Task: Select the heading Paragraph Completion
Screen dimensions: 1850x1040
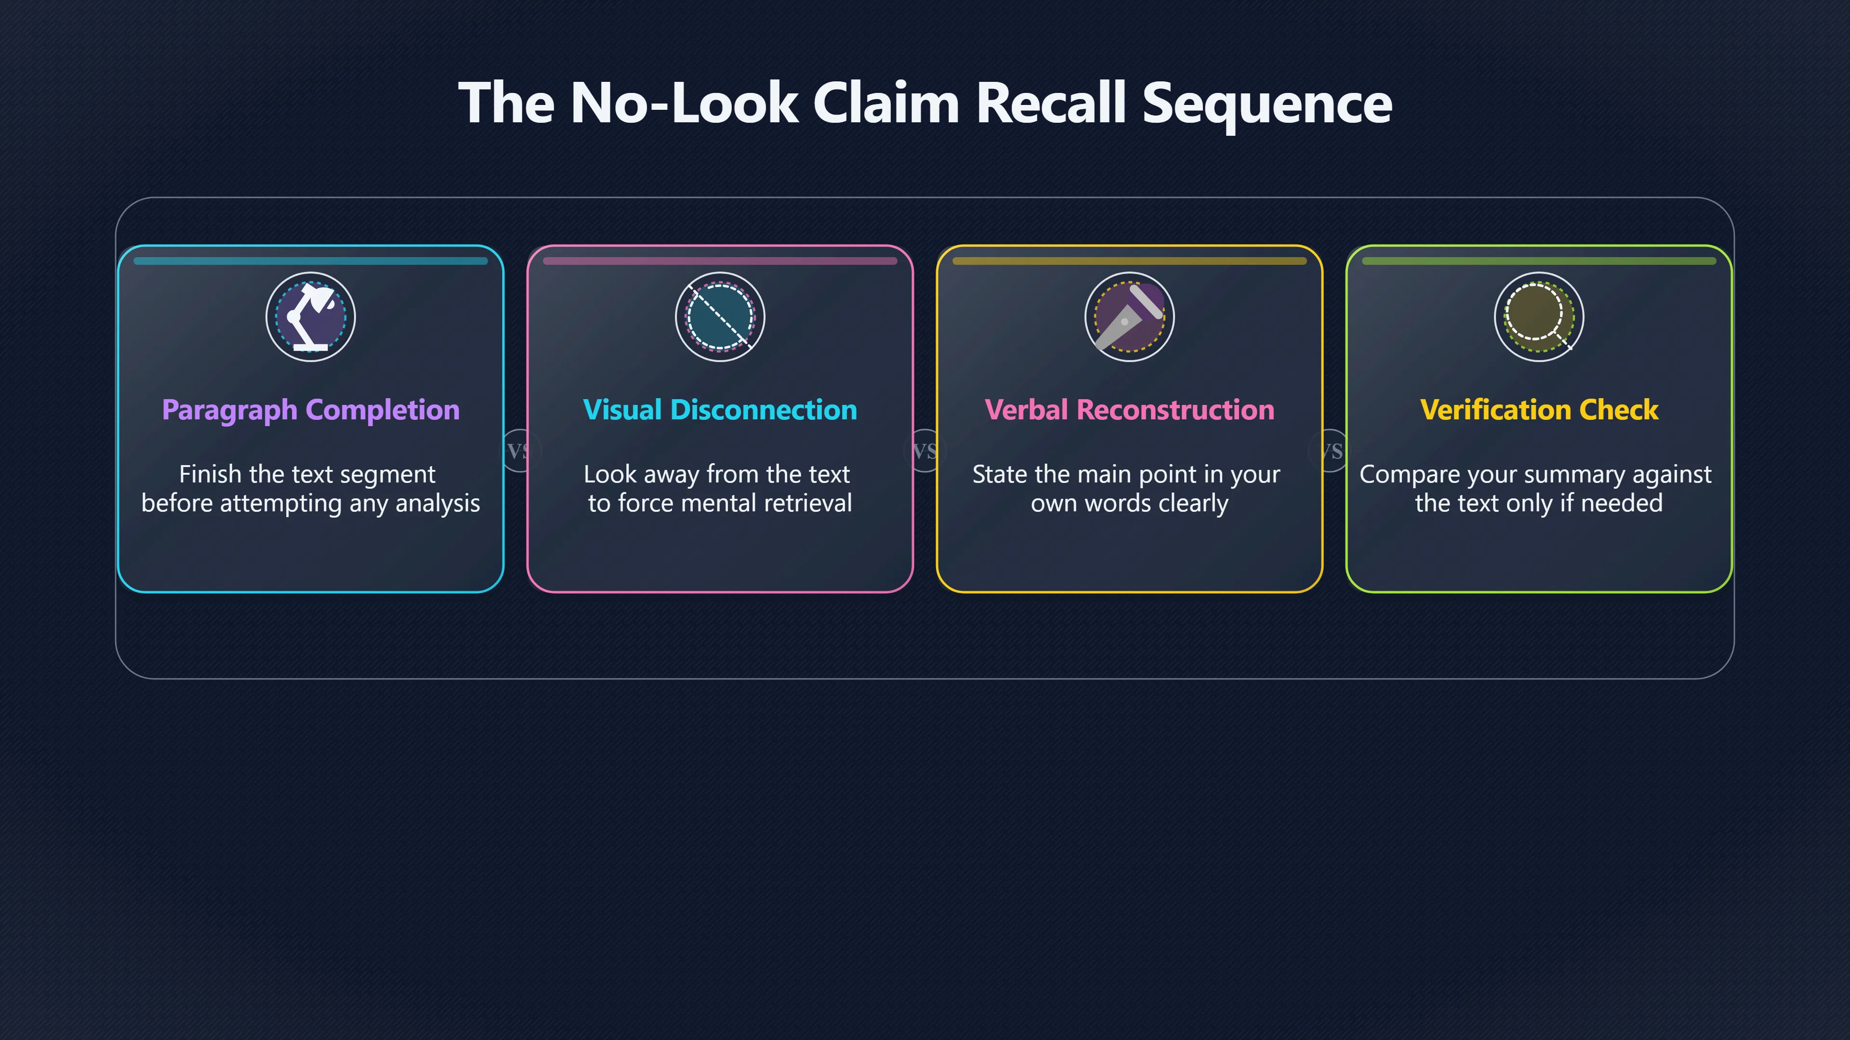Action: (310, 410)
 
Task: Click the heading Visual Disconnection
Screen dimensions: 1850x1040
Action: (720, 410)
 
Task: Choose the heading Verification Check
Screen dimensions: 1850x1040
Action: (1539, 410)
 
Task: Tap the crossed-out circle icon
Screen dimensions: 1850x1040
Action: (720, 316)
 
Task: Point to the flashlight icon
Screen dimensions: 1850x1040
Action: (1129, 316)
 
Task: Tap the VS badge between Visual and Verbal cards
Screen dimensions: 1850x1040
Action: (925, 451)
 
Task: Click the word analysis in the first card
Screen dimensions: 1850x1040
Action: (437, 503)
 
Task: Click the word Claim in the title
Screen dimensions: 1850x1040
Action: (886, 103)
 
